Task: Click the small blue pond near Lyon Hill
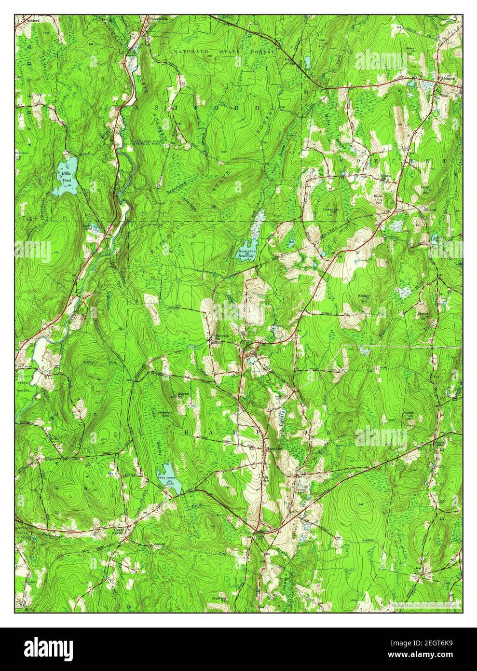coord(307,62)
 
